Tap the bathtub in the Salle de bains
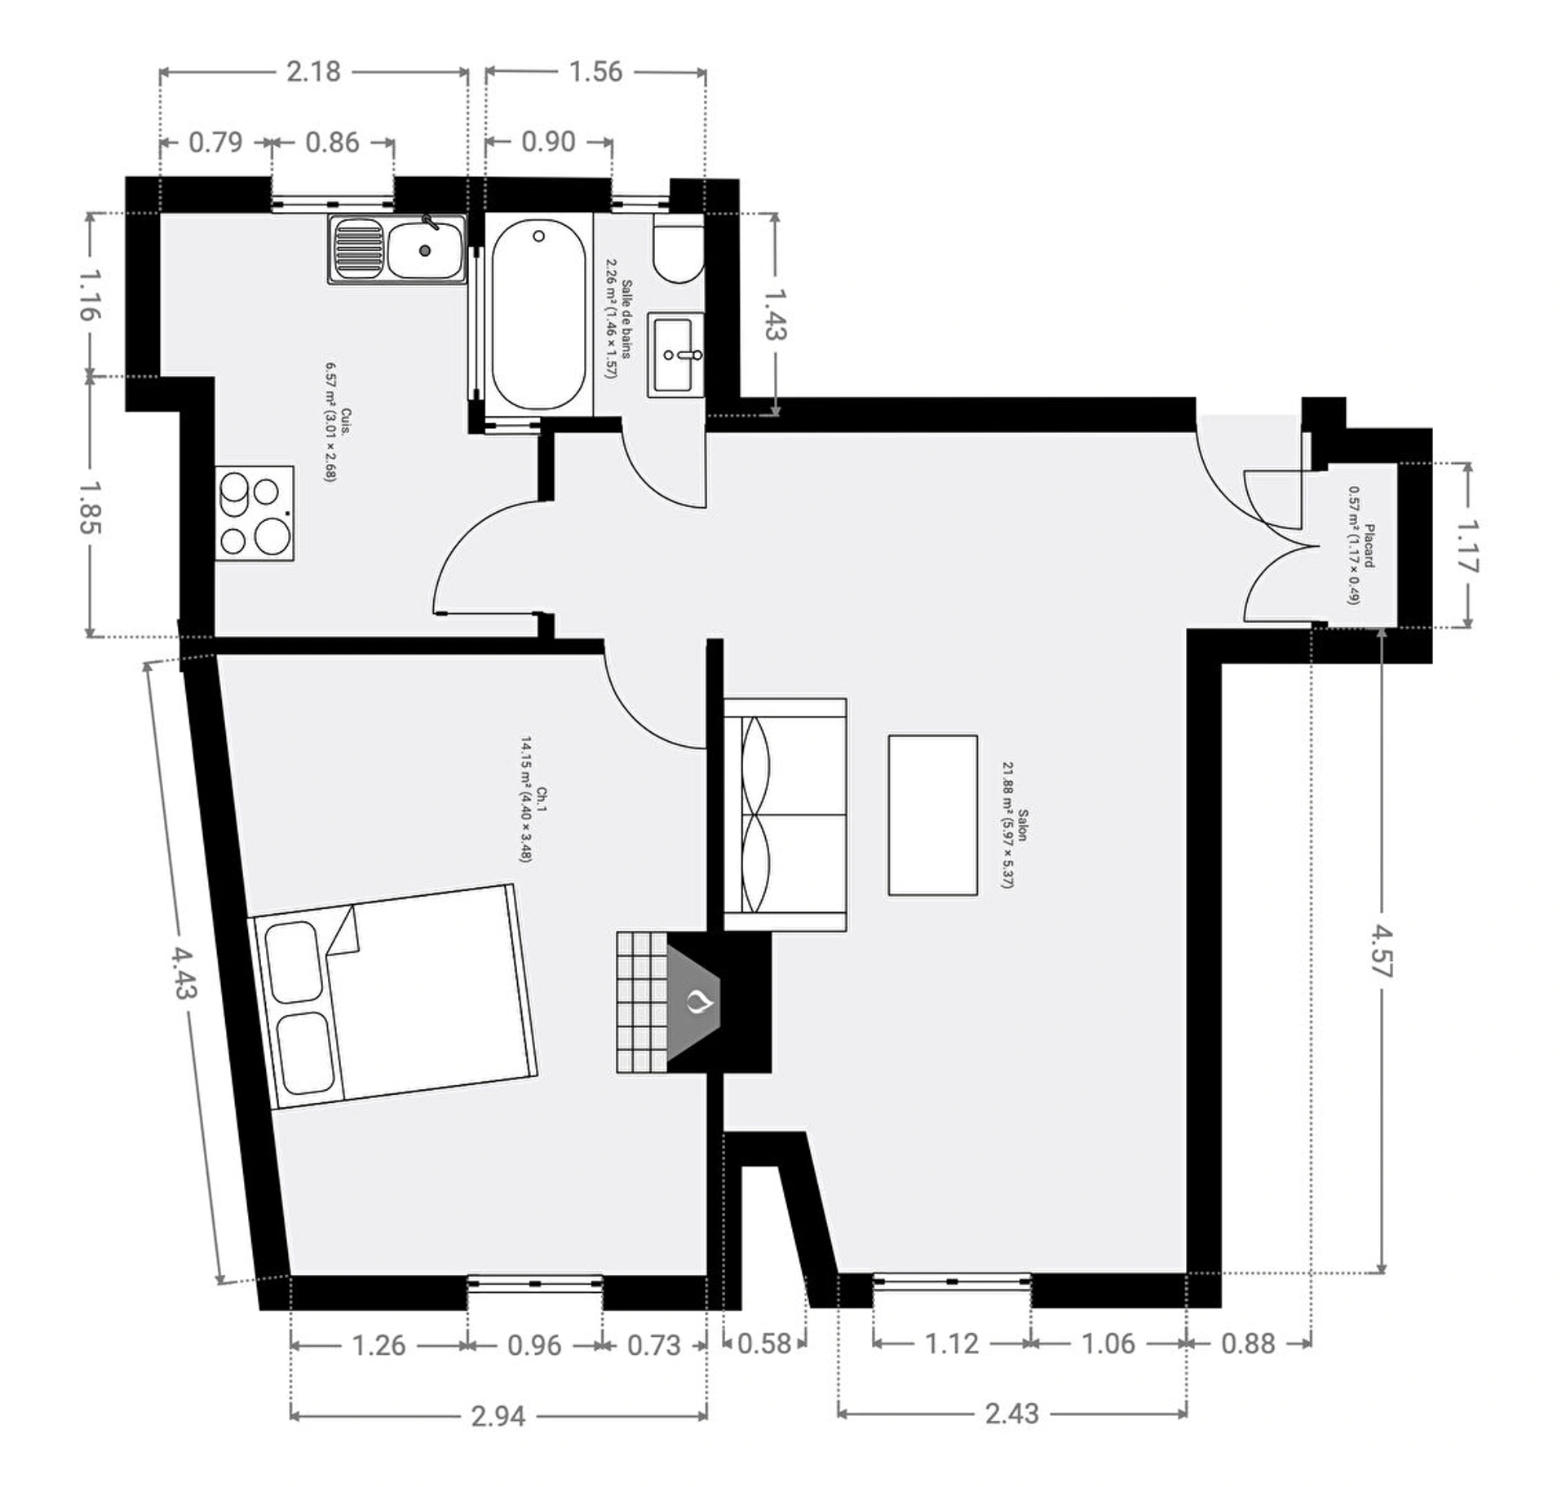click(538, 315)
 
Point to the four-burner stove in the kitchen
click(254, 513)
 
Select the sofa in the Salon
click(785, 814)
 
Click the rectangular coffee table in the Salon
click(933, 815)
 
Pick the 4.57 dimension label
click(1381, 951)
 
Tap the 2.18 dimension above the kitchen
click(313, 72)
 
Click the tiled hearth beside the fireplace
click(642, 1002)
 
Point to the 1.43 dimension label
click(776, 315)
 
